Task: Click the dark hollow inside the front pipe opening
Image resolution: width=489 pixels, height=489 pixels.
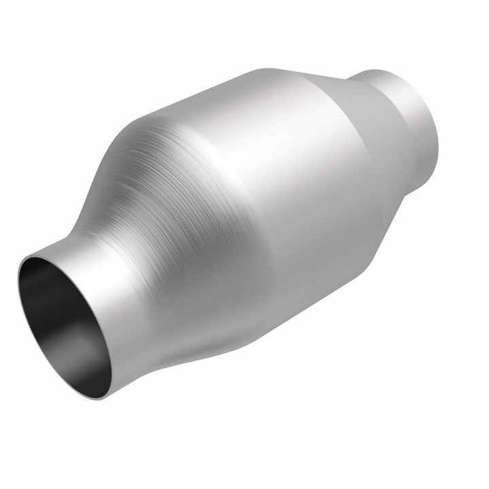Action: pos(51,299)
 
